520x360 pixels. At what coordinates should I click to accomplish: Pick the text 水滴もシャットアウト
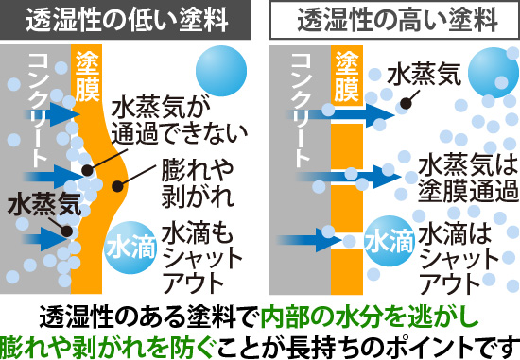pos(195,256)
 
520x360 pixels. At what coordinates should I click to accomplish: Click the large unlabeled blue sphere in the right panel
pos(493,72)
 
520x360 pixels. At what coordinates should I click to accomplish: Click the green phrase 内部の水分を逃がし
pos(363,314)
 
